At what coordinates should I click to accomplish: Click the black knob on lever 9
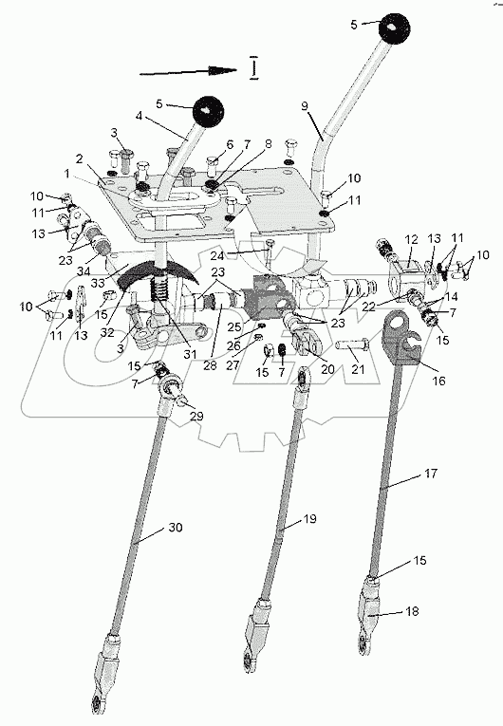(395, 28)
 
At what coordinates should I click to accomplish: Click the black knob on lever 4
(208, 111)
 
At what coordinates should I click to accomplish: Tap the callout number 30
(175, 528)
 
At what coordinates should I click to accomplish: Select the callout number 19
(309, 519)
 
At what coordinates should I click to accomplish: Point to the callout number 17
(430, 474)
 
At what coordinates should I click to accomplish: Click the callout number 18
(412, 611)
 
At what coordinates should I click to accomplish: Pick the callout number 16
(438, 381)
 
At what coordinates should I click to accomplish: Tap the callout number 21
(358, 369)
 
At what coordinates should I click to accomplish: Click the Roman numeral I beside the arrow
(252, 67)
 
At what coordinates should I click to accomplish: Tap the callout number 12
(411, 240)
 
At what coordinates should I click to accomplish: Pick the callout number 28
(210, 365)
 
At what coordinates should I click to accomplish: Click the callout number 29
(196, 416)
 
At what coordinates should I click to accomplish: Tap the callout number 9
(305, 106)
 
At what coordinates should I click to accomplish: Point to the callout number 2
(80, 158)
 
